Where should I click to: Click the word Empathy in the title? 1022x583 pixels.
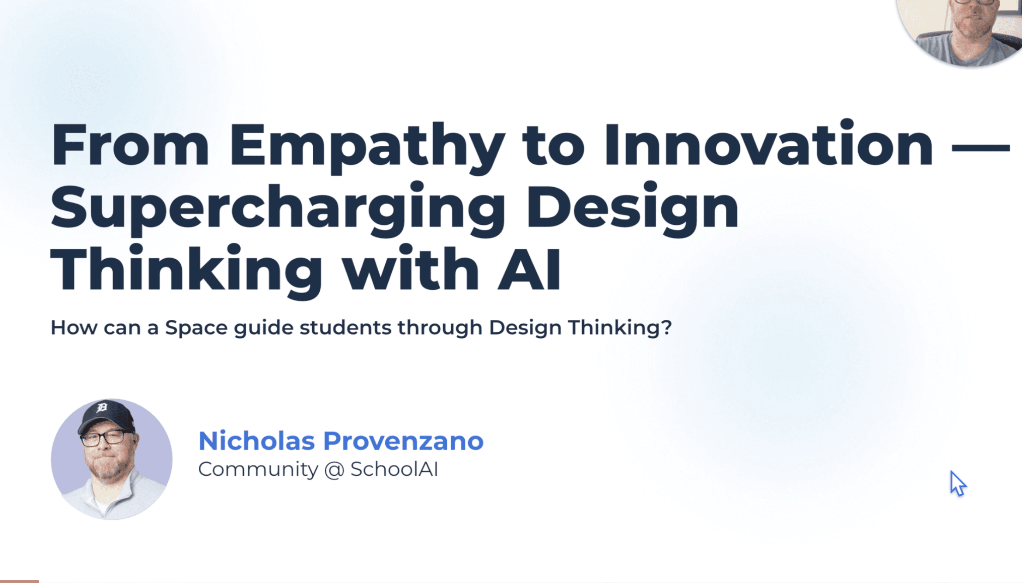tap(367, 148)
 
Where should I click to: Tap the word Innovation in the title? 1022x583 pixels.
tap(769, 144)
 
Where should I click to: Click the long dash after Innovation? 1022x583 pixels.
tap(981, 147)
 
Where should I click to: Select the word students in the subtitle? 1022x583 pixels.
tap(345, 327)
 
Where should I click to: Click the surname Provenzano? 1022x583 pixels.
tap(403, 441)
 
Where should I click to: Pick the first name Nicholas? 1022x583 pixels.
tap(257, 441)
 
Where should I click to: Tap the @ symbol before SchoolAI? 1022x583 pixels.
tap(335, 470)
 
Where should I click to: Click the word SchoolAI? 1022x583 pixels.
tap(394, 469)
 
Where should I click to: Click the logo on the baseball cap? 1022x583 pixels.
tap(102, 408)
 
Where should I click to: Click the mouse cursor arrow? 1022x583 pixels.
tap(957, 483)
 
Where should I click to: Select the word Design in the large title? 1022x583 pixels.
tap(632, 209)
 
